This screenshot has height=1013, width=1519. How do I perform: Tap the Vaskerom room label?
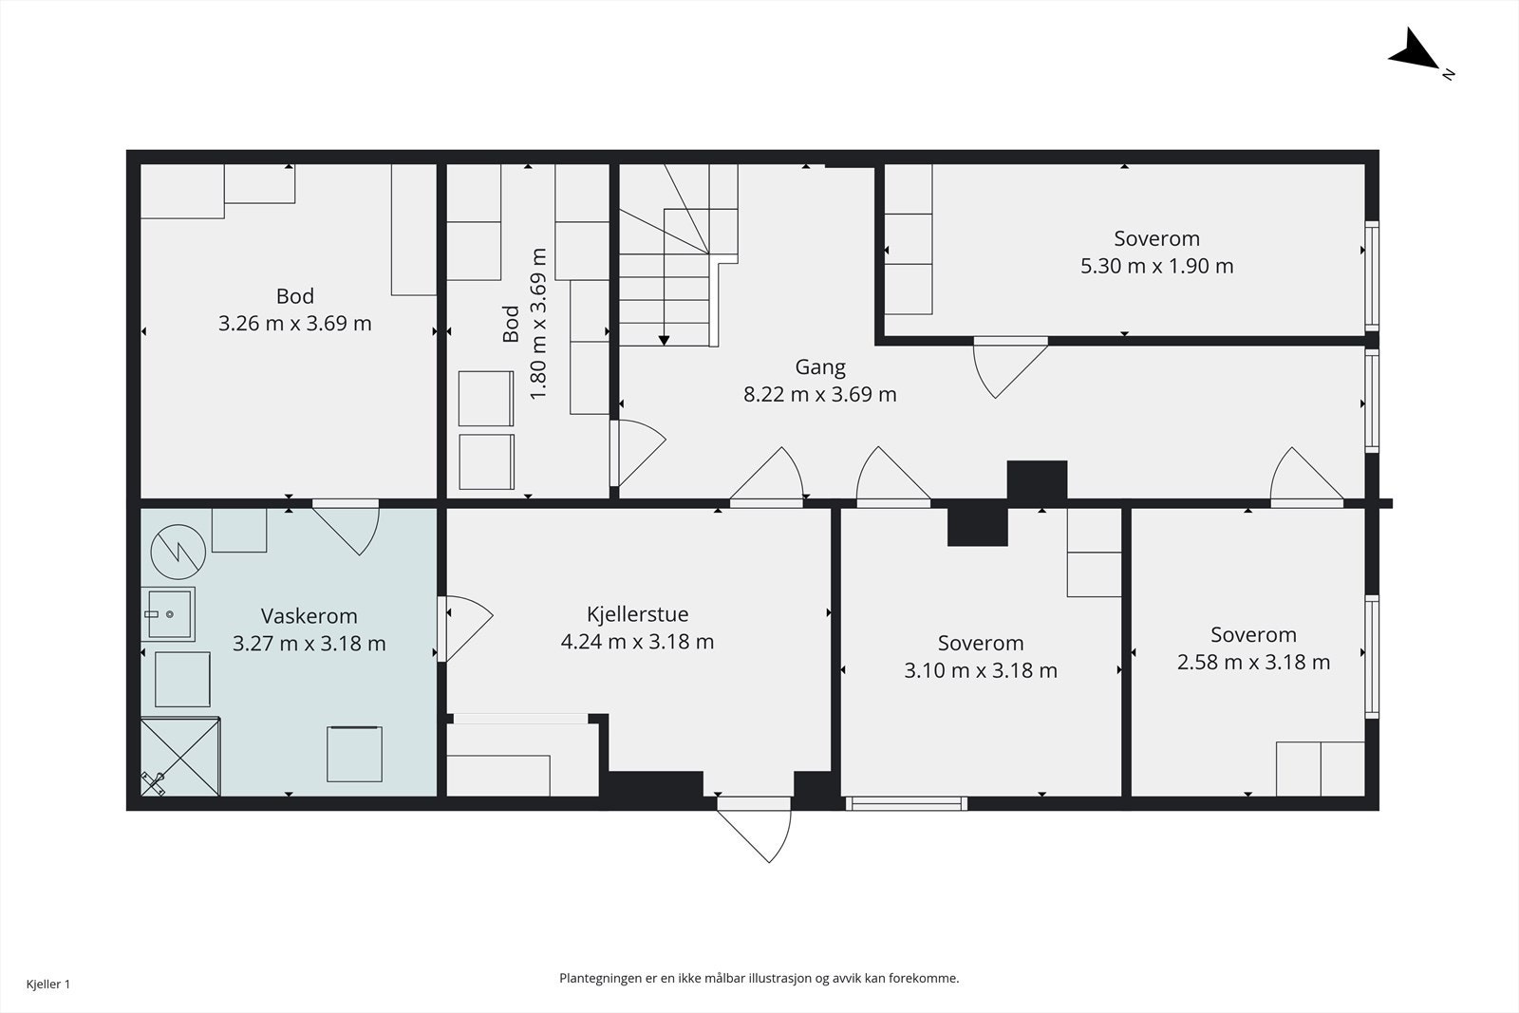[309, 615]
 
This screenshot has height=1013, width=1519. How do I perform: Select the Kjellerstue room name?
[637, 614]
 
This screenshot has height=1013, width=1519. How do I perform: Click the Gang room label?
[820, 367]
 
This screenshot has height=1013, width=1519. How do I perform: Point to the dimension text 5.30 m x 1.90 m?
[1157, 266]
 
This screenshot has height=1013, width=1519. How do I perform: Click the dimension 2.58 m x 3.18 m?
[1253, 662]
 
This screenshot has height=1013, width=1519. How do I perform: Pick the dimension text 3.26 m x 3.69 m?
[295, 324]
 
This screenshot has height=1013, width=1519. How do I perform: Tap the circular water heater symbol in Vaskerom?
[178, 552]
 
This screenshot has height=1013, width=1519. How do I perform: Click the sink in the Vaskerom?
[168, 614]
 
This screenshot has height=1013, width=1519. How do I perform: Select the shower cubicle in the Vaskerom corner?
[180, 756]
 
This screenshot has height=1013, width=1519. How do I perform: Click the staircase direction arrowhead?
[664, 341]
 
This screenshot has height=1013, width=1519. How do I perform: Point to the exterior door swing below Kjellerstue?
[754, 831]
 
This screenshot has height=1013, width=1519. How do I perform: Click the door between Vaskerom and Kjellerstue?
[465, 628]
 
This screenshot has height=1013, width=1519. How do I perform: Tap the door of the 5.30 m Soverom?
[1010, 367]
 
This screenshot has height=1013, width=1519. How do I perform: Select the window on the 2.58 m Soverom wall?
[1371, 656]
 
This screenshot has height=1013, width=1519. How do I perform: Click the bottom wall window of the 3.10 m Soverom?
[907, 803]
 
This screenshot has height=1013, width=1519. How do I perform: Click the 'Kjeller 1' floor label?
[48, 984]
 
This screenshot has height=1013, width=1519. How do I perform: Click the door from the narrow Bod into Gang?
[637, 453]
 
